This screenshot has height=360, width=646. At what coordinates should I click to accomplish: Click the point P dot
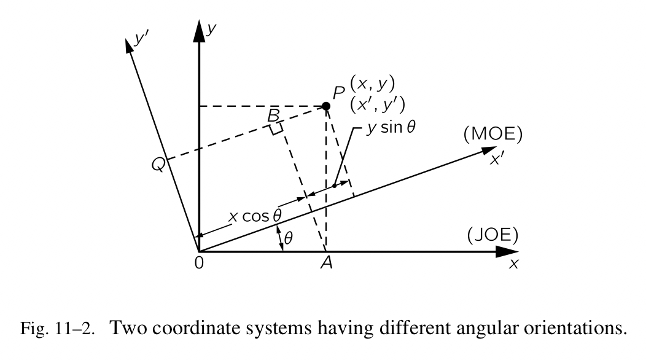click(x=326, y=106)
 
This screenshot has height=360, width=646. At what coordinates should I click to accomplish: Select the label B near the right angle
click(x=273, y=115)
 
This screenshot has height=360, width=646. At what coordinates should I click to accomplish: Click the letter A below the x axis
click(x=327, y=264)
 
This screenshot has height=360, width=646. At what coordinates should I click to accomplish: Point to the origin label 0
click(x=199, y=262)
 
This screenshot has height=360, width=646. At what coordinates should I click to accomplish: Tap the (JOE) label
click(x=492, y=235)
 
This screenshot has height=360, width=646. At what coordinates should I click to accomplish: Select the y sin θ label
click(x=391, y=131)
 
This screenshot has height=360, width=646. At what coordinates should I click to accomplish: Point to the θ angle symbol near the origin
click(x=287, y=238)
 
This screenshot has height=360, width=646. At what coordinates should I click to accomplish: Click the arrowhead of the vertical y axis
click(x=199, y=32)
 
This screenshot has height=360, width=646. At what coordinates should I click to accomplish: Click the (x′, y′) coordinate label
click(x=377, y=104)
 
